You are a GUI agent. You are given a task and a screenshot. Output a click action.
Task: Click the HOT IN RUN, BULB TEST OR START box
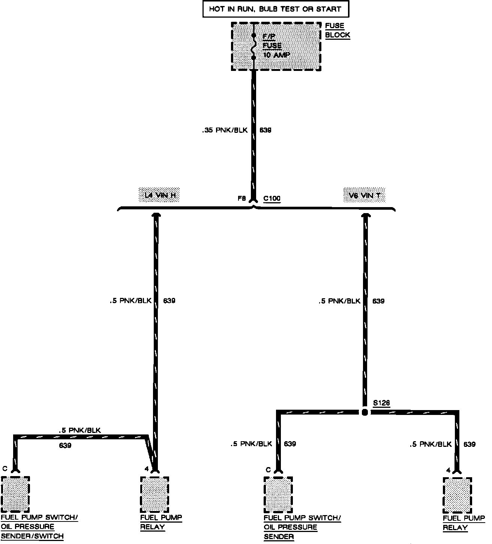(275, 9)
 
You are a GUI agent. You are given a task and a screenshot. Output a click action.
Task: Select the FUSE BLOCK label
(337, 30)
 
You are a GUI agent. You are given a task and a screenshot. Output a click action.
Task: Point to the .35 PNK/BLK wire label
(225, 131)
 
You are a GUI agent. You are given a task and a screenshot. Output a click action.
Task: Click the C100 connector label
(272, 198)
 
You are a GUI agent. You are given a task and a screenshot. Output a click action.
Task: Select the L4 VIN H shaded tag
(160, 195)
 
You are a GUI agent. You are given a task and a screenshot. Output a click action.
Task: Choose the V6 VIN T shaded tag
(364, 195)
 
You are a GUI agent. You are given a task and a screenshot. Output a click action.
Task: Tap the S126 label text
(381, 403)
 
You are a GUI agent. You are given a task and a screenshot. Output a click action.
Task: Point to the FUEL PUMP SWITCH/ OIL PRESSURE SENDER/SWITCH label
(39, 527)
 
